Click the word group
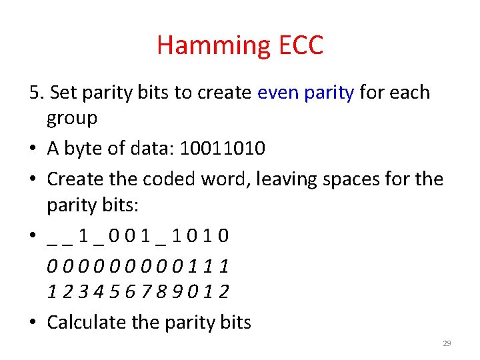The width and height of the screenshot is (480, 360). point(72,119)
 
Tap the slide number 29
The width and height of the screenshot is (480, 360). point(447,343)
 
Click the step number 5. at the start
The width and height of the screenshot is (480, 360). point(37,92)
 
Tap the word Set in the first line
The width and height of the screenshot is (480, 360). point(63,92)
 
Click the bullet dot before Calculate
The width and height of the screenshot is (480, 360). point(34,323)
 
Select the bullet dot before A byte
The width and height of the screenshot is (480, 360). point(34,149)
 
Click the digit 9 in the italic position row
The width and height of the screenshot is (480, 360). point(176,292)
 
